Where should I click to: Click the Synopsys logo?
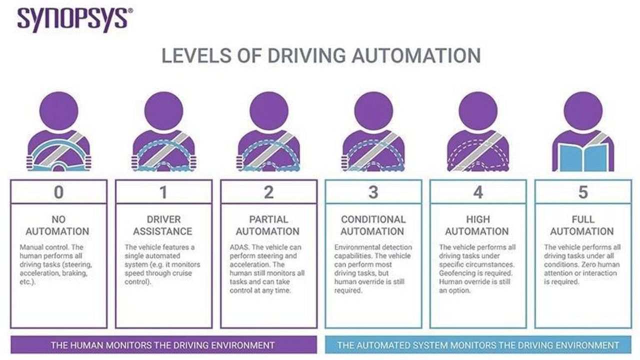[75, 19]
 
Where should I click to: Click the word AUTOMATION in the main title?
[416, 55]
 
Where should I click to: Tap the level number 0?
[59, 192]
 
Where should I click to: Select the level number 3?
[373, 192]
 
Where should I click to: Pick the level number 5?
[583, 192]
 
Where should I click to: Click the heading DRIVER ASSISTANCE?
[163, 225]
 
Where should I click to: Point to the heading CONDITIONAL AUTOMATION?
[373, 225]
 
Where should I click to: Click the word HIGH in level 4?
[478, 219]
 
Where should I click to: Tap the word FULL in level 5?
[583, 219]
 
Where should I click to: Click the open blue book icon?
[583, 157]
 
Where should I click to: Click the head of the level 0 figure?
[59, 111]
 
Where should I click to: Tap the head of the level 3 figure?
[373, 111]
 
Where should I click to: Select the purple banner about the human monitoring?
[163, 345]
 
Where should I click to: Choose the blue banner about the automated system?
[478, 345]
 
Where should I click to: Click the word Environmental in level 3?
[357, 247]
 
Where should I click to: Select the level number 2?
[268, 192]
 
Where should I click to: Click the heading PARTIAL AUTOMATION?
[268, 225]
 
